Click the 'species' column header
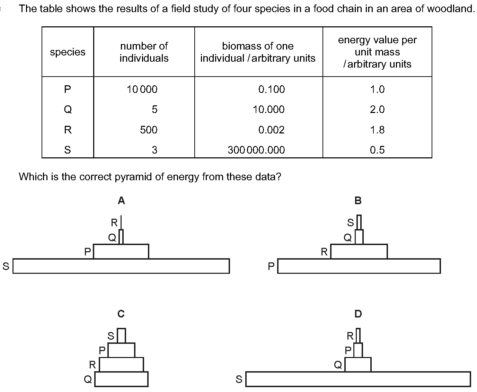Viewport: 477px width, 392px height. pyautogui.click(x=68, y=52)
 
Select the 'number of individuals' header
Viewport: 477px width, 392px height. pyautogui.click(x=144, y=52)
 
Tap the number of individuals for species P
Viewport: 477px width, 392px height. pyautogui.click(x=142, y=89)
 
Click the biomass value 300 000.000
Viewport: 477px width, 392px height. pyautogui.click(x=256, y=150)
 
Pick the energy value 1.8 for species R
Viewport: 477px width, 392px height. pyautogui.click(x=377, y=130)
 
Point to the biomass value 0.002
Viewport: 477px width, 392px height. pyautogui.click(x=271, y=130)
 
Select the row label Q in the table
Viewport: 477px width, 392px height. pyautogui.click(x=68, y=110)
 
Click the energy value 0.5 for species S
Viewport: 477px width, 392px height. pyautogui.click(x=377, y=150)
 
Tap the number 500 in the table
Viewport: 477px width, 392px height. pyautogui.click(x=149, y=130)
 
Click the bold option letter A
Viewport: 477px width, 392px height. pyautogui.click(x=121, y=201)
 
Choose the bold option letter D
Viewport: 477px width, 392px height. pyautogui.click(x=358, y=314)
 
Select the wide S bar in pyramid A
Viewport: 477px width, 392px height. pyautogui.click(x=121, y=266)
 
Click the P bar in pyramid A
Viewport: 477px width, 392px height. pyautogui.click(x=121, y=251)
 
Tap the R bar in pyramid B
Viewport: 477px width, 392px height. pyautogui.click(x=359, y=251)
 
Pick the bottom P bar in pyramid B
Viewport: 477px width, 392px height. pyautogui.click(x=359, y=266)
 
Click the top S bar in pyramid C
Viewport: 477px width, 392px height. pyautogui.click(x=122, y=336)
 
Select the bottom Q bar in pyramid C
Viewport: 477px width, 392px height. pyautogui.click(x=121, y=379)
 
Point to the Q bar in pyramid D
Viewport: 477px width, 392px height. pyautogui.click(x=358, y=364)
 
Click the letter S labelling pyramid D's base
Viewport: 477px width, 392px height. pyautogui.click(x=239, y=379)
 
